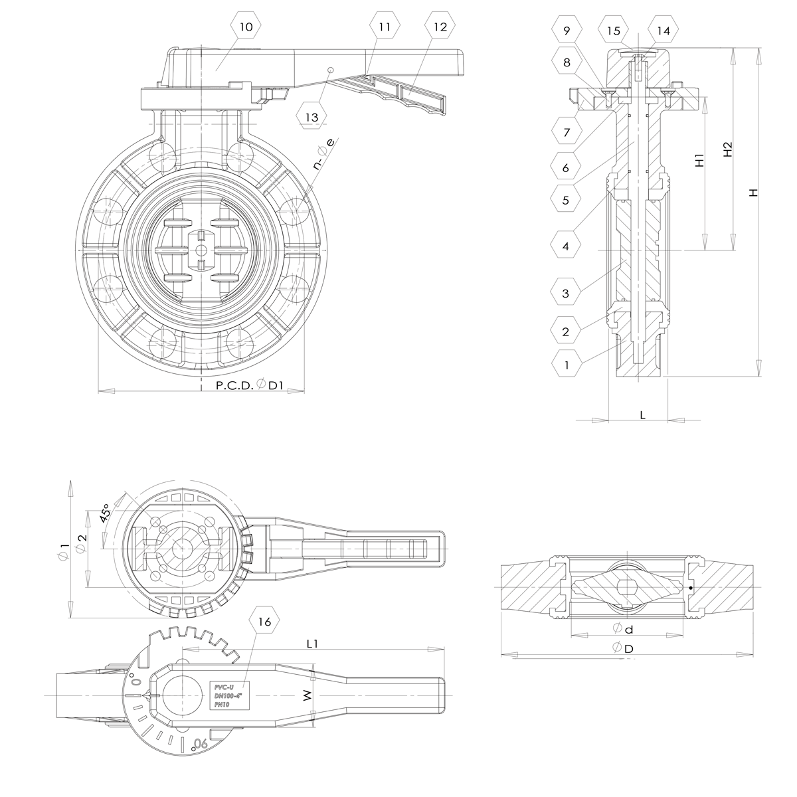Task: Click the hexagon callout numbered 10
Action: coord(246,27)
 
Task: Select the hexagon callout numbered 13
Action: coord(311,117)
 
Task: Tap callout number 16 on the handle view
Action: coord(264,622)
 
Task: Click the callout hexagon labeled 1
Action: coord(567,364)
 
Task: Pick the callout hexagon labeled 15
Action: coord(614,31)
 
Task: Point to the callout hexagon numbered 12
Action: coord(440,27)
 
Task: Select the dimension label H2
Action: coord(728,149)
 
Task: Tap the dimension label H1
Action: coord(699,160)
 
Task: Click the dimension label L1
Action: coord(313,644)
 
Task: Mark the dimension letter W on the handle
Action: coord(306,695)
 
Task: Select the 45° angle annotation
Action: coord(106,512)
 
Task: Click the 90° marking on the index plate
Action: coord(197,745)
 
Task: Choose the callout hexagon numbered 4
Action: coord(566,246)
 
